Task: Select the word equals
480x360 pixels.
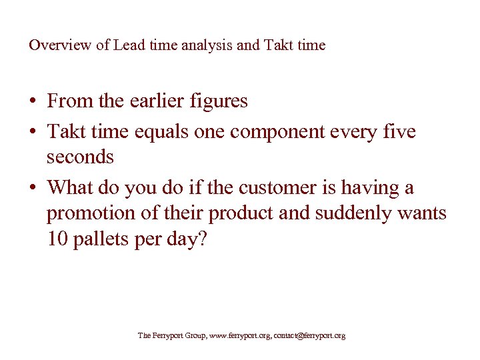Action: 162,132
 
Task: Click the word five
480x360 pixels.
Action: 401,131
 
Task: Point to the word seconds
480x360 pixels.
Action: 80,157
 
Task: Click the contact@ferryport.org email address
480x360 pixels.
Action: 309,336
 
